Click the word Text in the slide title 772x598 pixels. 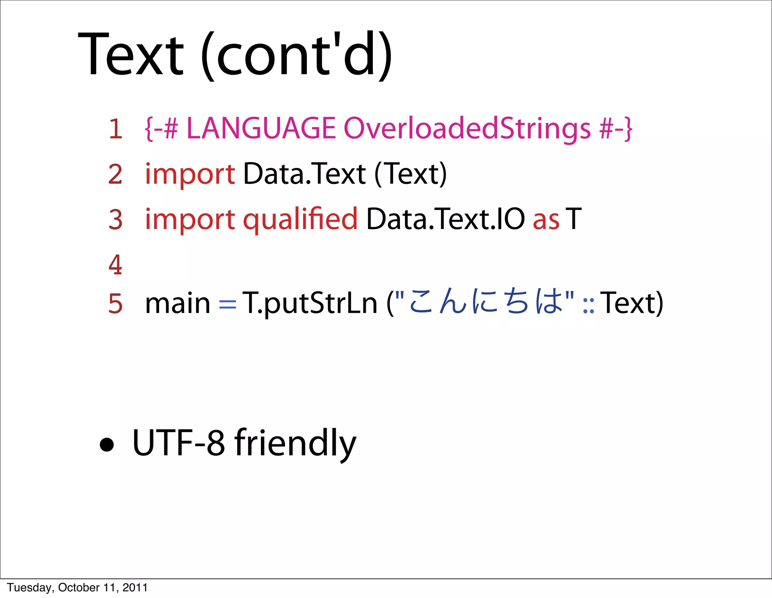click(130, 55)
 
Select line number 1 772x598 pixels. click(116, 129)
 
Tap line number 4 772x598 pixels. click(115, 265)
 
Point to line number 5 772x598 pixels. click(115, 304)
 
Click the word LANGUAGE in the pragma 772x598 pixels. click(261, 128)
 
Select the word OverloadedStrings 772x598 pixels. click(467, 128)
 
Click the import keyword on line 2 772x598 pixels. click(190, 175)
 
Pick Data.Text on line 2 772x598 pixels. click(304, 174)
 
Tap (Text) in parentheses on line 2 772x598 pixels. click(411, 174)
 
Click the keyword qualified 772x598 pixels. click(300, 220)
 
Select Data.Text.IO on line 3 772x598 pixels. click(445, 219)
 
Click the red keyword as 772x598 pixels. click(546, 220)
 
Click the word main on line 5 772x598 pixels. click(178, 303)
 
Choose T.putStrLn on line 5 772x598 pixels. click(309, 303)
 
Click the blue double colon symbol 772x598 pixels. click(588, 306)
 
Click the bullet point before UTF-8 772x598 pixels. click(107, 445)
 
